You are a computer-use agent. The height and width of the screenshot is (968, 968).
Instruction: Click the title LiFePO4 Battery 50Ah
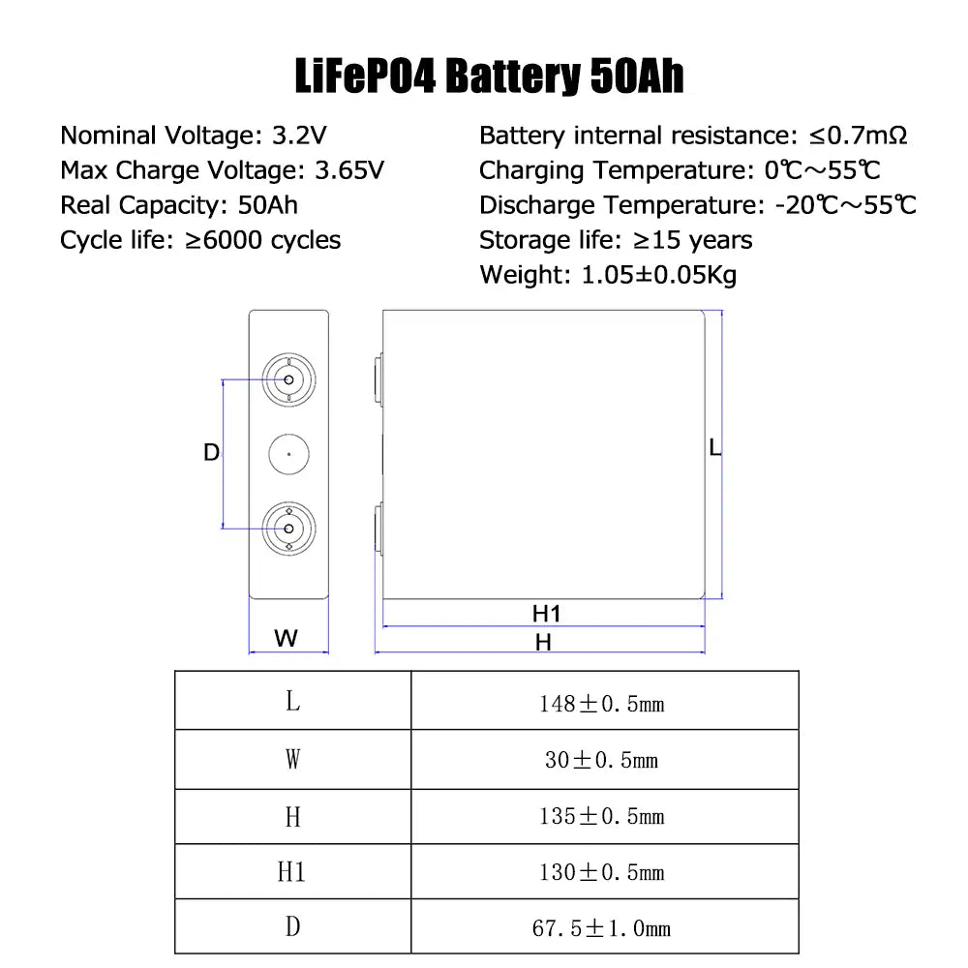(489, 76)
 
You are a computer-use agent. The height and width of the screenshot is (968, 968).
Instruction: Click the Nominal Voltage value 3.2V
(299, 136)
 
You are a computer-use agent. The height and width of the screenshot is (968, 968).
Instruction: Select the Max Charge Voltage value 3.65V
(349, 170)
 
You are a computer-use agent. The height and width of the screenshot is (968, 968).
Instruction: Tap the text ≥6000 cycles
(263, 240)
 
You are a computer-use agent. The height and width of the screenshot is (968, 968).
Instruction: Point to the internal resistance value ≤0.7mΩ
(858, 136)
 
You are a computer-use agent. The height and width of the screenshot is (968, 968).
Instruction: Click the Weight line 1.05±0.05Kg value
(659, 275)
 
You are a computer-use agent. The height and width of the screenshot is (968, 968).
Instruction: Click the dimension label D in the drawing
(211, 452)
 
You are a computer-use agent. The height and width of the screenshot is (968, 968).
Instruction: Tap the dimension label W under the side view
(286, 638)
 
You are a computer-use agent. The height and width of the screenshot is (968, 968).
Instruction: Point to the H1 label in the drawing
(546, 614)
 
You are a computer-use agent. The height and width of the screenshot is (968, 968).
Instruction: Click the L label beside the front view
(715, 447)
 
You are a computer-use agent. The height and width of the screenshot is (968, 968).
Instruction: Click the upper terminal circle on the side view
(288, 379)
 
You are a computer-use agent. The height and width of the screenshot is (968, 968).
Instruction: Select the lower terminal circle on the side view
(288, 529)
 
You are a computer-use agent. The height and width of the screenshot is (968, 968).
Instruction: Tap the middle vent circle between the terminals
(288, 454)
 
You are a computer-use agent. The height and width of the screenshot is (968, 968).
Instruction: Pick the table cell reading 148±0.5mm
(602, 704)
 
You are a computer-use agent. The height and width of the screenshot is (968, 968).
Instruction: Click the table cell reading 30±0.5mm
(601, 760)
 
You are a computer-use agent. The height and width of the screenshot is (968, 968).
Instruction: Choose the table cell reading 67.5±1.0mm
(601, 928)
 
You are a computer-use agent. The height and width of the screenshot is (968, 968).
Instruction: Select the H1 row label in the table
(291, 872)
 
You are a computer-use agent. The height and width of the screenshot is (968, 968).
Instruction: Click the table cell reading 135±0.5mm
(602, 816)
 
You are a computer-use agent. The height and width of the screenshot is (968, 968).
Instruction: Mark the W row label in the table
(292, 759)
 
